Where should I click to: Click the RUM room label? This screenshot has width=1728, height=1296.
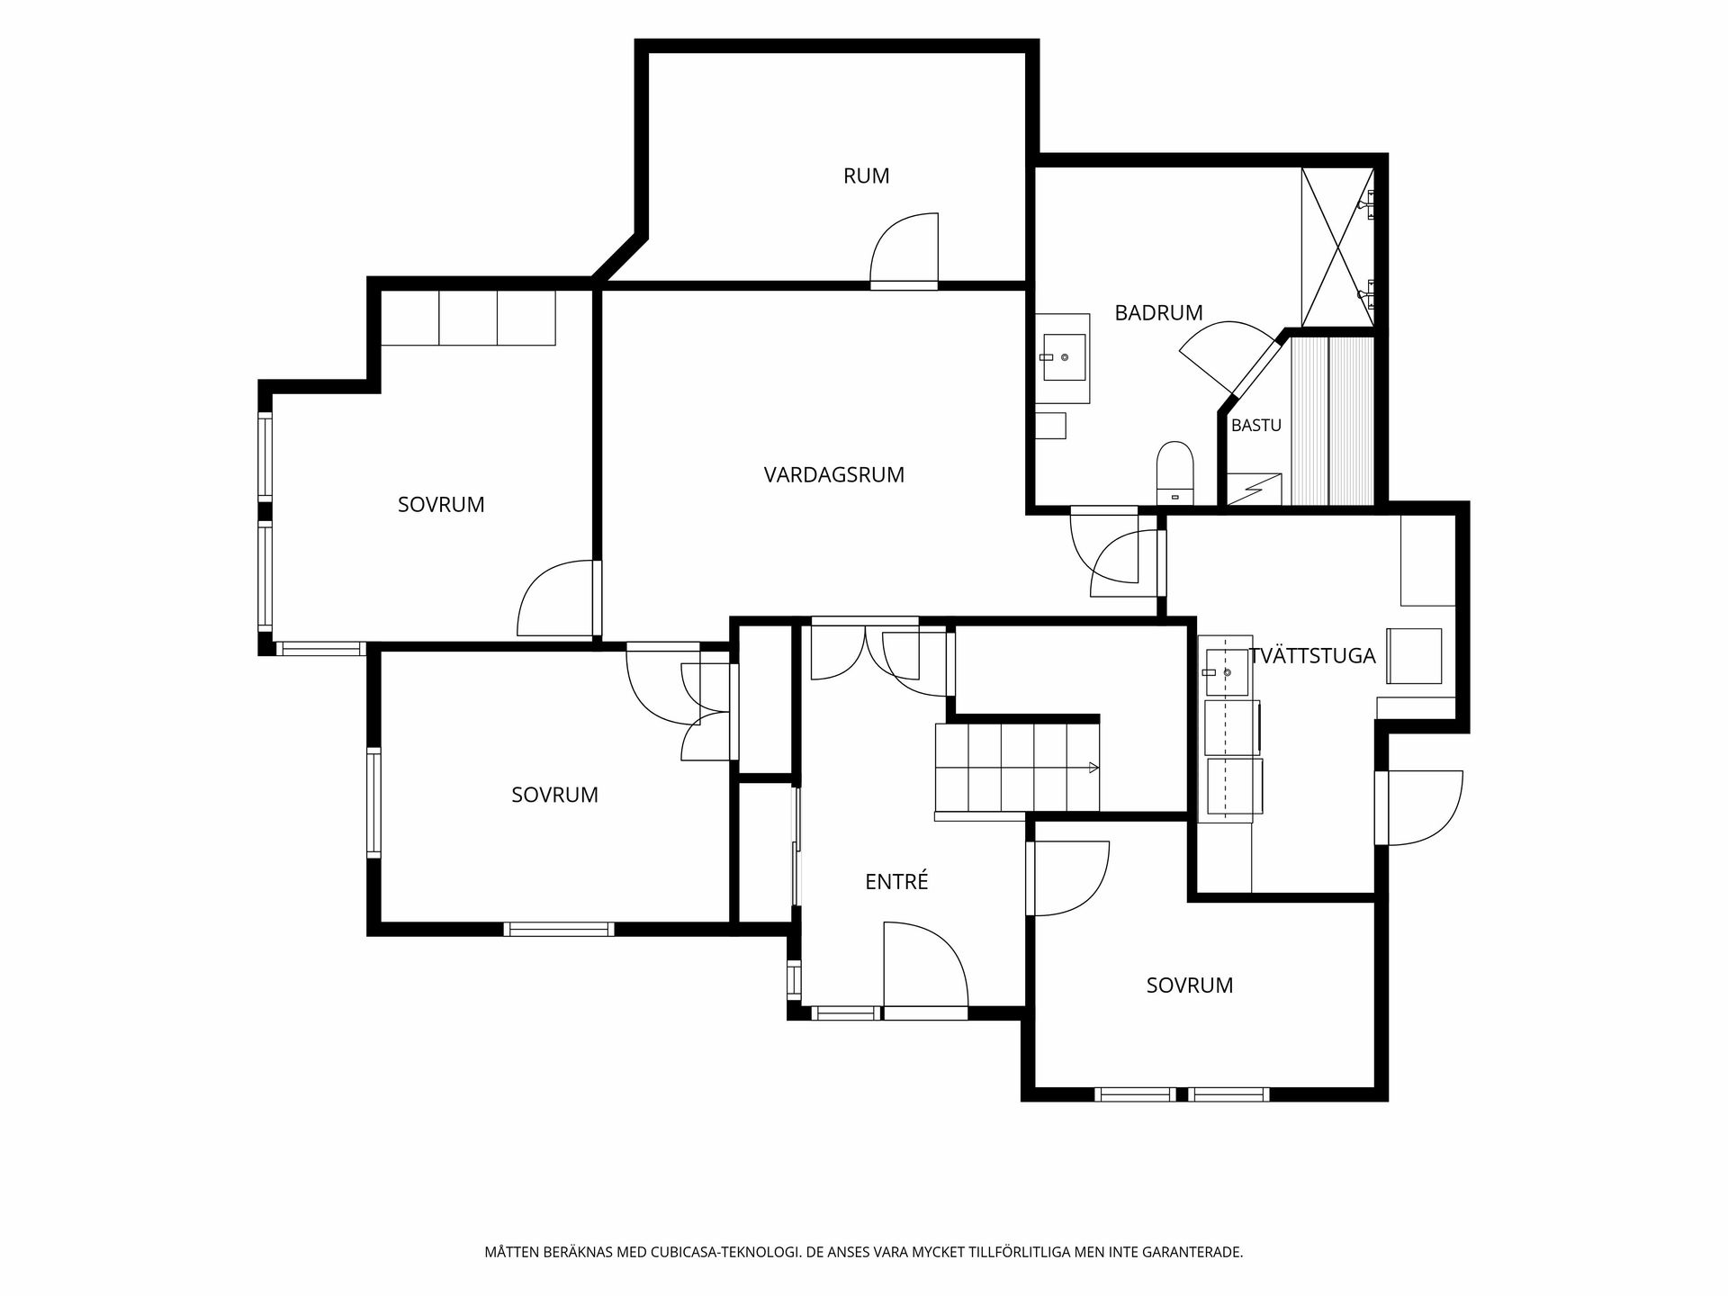pyautogui.click(x=866, y=176)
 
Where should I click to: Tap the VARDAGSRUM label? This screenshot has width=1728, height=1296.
pyautogui.click(x=834, y=475)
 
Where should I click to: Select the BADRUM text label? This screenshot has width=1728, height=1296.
pyautogui.click(x=1158, y=313)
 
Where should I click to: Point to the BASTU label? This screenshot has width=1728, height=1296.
pyautogui.click(x=1256, y=426)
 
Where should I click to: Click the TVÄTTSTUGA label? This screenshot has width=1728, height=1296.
pyautogui.click(x=1313, y=656)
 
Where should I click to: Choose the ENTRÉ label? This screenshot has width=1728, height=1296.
pyautogui.click(x=896, y=882)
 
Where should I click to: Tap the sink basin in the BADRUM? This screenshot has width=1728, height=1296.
pyautogui.click(x=1063, y=357)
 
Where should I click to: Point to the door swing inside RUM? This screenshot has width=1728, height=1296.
pyautogui.click(x=904, y=250)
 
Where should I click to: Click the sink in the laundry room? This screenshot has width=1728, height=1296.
pyautogui.click(x=1226, y=671)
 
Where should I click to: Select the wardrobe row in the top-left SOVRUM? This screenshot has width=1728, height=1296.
pyautogui.click(x=468, y=318)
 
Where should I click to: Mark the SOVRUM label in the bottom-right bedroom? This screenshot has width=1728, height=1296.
pyautogui.click(x=1189, y=985)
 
